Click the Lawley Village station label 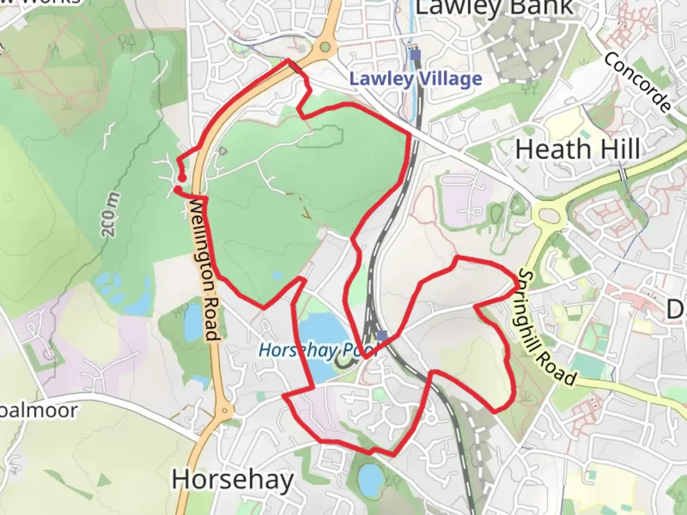pyautogui.click(x=416, y=79)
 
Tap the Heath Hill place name pyautogui.click(x=578, y=149)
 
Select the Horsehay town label pyautogui.click(x=232, y=479)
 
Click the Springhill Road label pyautogui.click(x=546, y=328)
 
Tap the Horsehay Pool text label pyautogui.click(x=317, y=350)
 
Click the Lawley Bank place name pyautogui.click(x=494, y=7)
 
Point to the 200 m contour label pyautogui.click(x=109, y=215)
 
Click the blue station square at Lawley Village pyautogui.click(x=416, y=55)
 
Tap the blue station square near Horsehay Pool pyautogui.click(x=382, y=336)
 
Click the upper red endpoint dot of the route pyautogui.click(x=182, y=178)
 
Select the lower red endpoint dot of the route pyautogui.click(x=177, y=190)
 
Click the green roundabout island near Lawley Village pyautogui.click(x=325, y=47)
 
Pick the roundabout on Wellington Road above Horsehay pyautogui.click(x=224, y=410)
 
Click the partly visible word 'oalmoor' pyautogui.click(x=38, y=411)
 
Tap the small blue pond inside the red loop pyautogui.click(x=277, y=276)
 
